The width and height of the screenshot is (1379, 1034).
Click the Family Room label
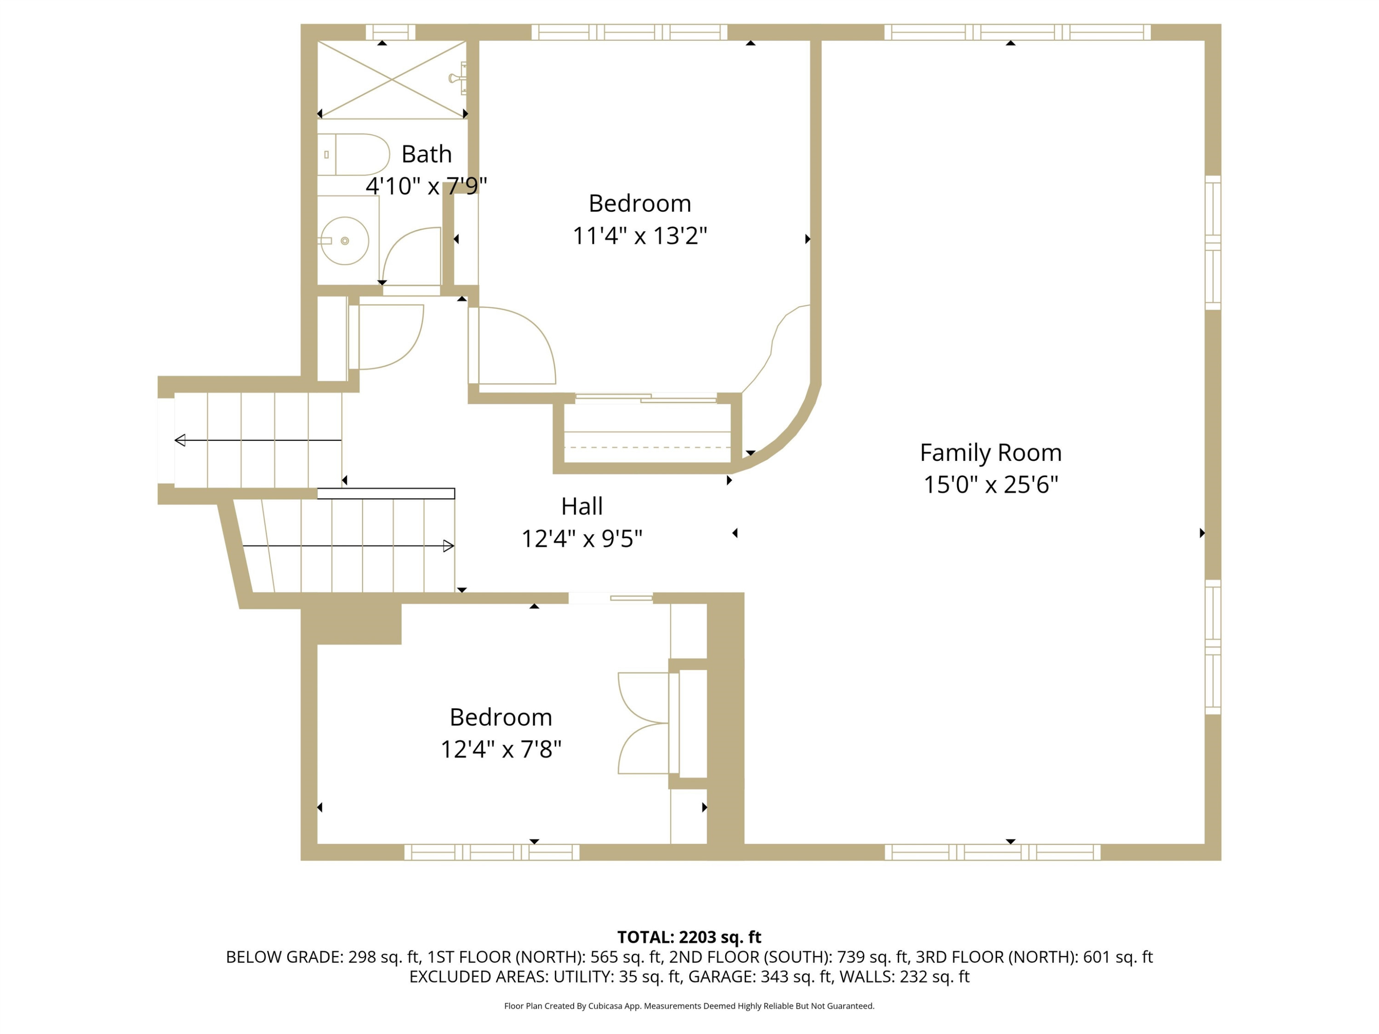(991, 453)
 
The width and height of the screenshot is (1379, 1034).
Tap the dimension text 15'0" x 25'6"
(991, 484)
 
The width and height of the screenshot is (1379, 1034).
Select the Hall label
(581, 506)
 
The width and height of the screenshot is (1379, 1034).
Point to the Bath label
(427, 154)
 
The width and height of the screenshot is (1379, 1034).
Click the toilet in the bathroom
(353, 154)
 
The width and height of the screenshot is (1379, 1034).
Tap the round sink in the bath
(345, 241)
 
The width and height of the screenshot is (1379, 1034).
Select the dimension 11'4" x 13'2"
(640, 236)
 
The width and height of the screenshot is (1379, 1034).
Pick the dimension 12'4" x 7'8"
(501, 749)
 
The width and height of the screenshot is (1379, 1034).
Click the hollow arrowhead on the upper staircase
(180, 440)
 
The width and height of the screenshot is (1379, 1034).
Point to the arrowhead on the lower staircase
(448, 546)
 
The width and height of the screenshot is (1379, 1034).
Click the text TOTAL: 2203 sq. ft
(689, 937)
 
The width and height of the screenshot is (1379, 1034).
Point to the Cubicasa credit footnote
(689, 1006)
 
